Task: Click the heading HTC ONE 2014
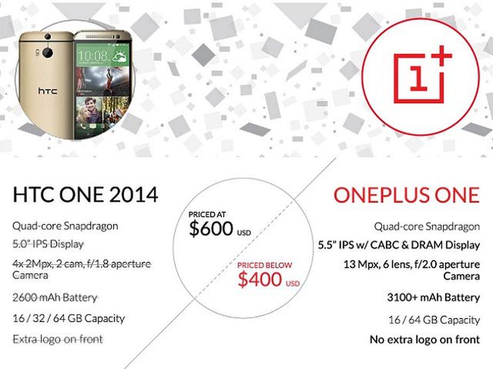click(86, 194)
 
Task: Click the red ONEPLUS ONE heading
click(406, 194)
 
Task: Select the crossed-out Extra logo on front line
click(58, 339)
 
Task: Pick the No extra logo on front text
click(424, 339)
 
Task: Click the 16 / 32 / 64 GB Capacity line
click(69, 318)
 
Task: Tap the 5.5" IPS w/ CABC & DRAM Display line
click(399, 245)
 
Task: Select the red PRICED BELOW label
click(264, 264)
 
